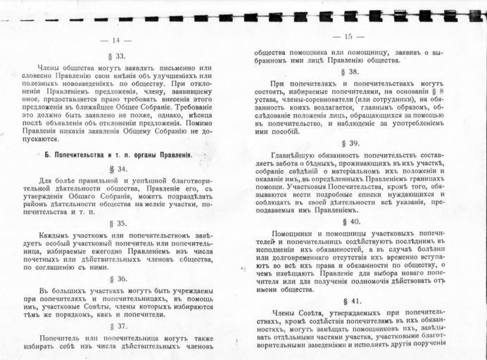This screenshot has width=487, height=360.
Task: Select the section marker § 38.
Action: [x=348, y=71]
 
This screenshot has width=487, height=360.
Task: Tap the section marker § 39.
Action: [x=348, y=143]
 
